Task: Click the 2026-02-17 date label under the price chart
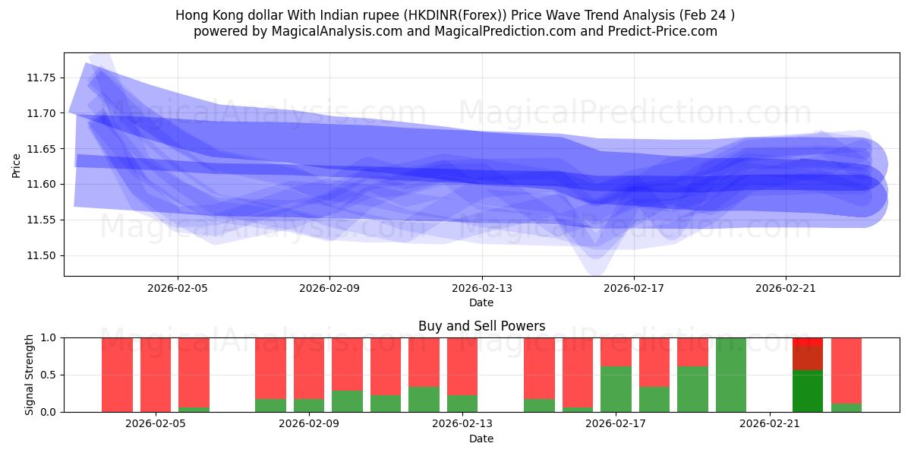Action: (633, 289)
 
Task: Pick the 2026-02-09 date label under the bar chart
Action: (309, 424)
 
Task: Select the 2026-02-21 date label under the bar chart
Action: (770, 424)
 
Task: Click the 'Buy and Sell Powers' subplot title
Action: (481, 326)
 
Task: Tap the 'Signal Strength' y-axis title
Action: (30, 375)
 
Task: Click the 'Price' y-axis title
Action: (17, 164)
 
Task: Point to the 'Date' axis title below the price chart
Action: (481, 302)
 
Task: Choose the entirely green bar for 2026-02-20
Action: (731, 375)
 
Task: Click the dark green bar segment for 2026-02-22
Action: (808, 391)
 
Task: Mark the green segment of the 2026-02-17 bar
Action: (616, 389)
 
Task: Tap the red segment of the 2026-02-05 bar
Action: (156, 372)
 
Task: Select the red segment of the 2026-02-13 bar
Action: (462, 365)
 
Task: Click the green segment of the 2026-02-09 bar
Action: (309, 406)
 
